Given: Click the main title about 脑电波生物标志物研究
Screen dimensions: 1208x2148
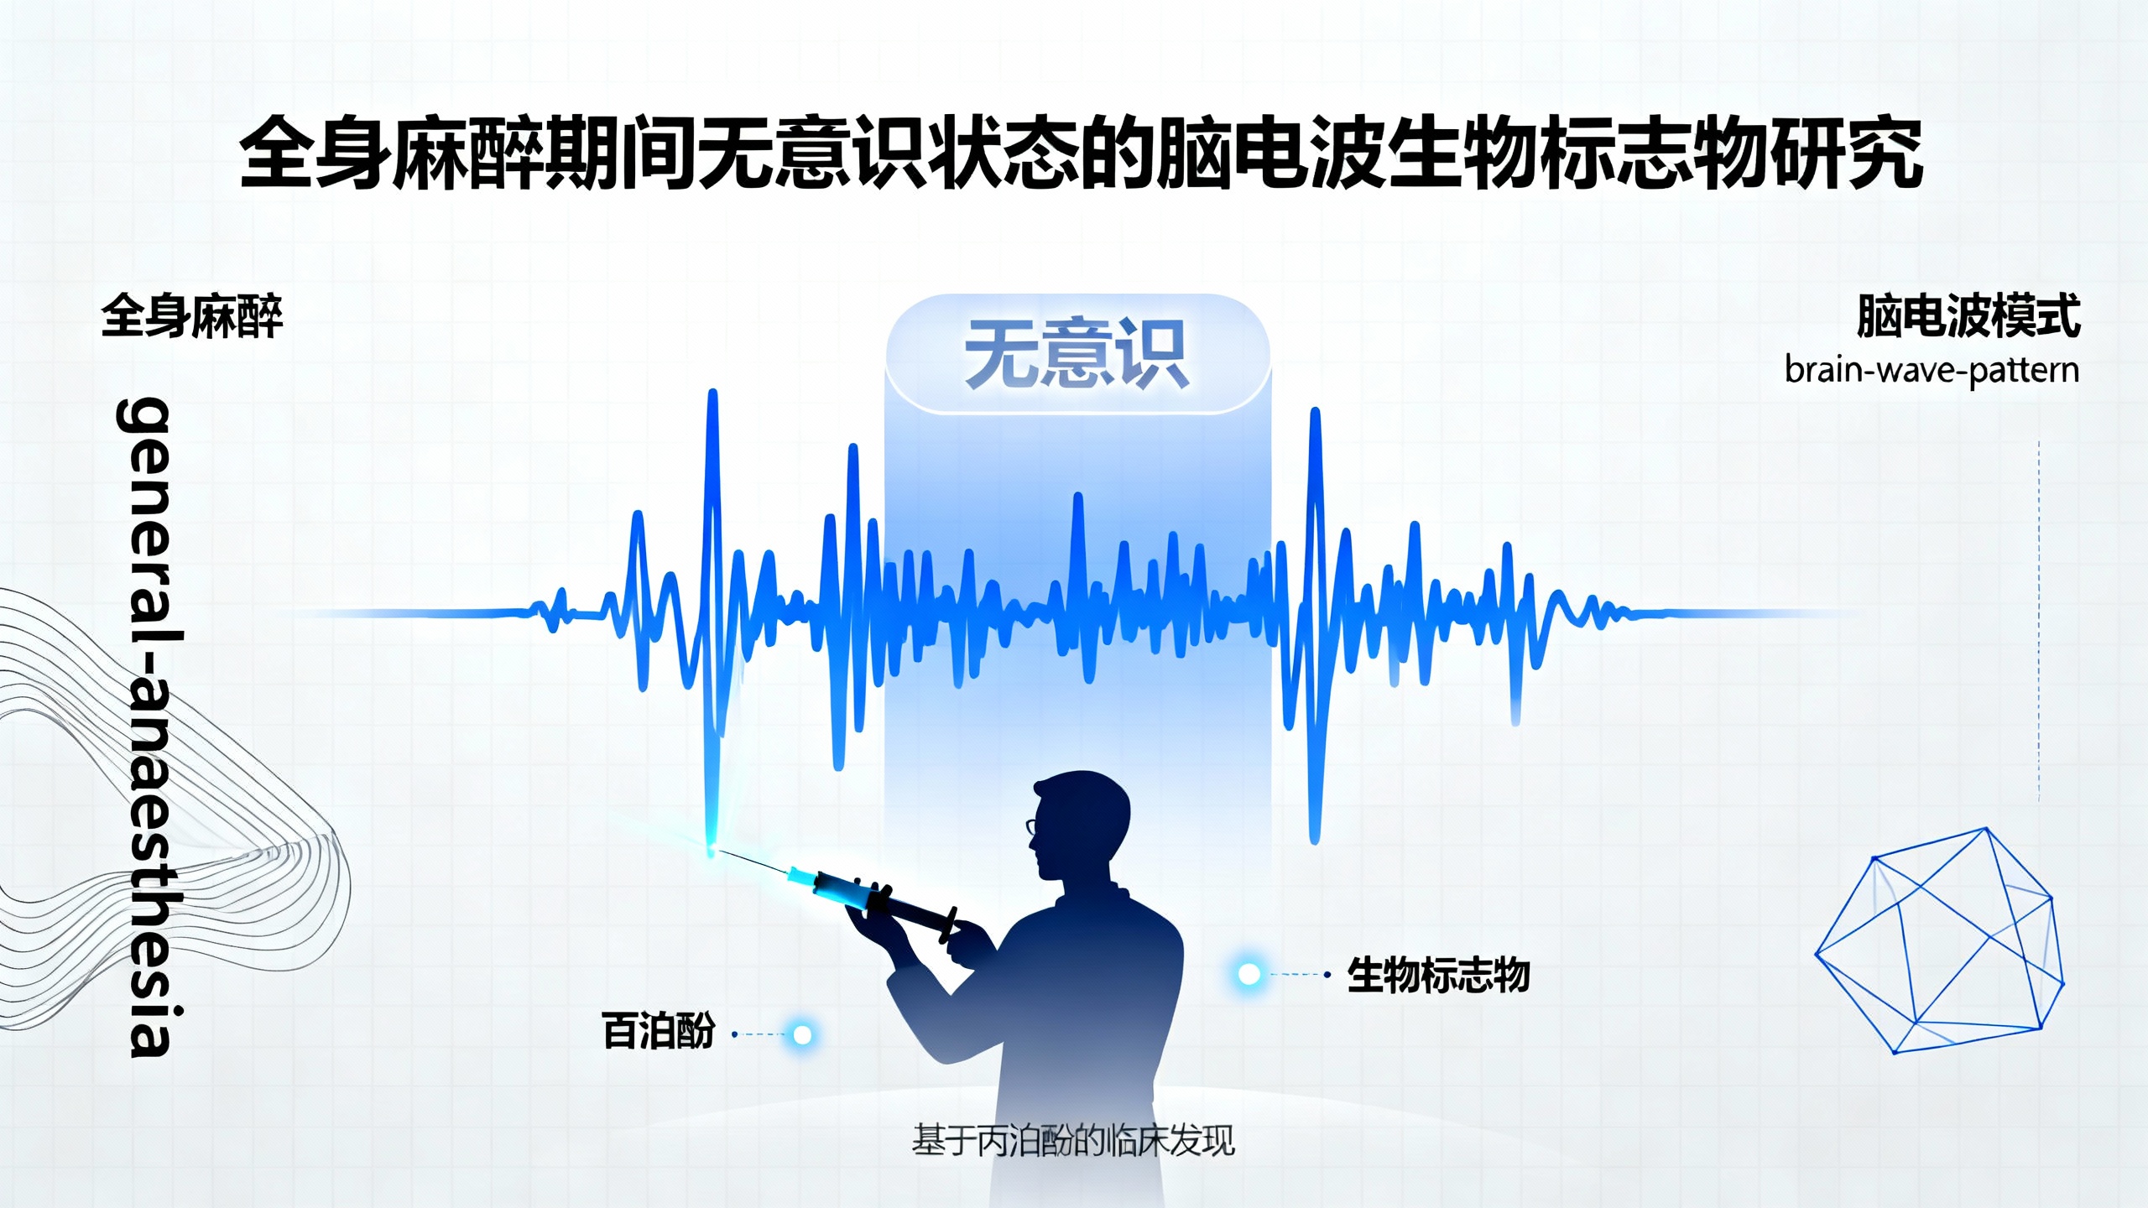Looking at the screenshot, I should (1081, 154).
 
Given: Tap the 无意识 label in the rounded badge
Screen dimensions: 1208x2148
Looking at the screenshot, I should (1077, 354).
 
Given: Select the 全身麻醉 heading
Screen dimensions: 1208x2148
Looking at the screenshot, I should (192, 316).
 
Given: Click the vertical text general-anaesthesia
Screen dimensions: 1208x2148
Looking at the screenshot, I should (149, 726).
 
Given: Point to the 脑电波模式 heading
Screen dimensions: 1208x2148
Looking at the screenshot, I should (1968, 316).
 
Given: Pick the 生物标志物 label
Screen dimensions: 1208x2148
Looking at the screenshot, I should (1438, 976).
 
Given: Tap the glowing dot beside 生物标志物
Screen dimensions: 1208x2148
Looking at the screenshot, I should (1249, 974).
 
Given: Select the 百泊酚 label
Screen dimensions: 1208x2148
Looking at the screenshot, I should (659, 1031).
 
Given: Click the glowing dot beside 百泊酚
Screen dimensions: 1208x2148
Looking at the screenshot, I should (802, 1034).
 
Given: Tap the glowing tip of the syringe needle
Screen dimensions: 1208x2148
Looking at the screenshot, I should (712, 851).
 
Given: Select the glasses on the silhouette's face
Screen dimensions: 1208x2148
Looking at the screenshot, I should (1032, 827).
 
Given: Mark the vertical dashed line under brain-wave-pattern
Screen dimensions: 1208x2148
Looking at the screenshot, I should (2039, 621).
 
